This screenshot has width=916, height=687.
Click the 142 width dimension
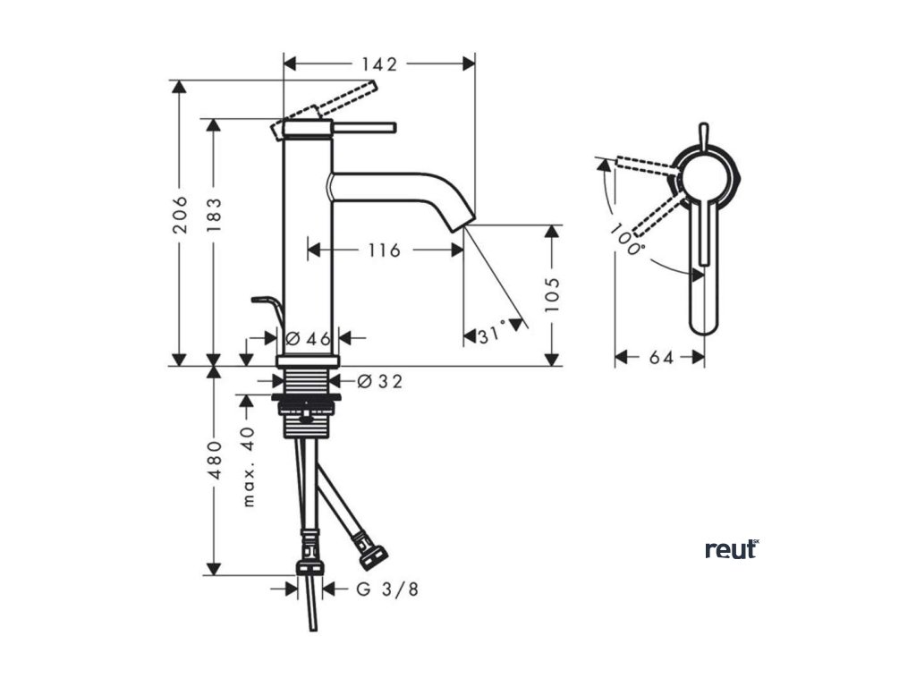click(x=379, y=64)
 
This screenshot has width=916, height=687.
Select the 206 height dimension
click(x=180, y=216)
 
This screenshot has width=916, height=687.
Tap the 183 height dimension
click(x=213, y=216)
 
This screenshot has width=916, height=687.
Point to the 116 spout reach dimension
click(x=384, y=250)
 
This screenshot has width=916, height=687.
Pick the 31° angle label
click(x=491, y=335)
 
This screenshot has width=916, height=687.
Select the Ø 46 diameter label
click(x=309, y=338)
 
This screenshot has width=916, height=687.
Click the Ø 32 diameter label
click(x=379, y=382)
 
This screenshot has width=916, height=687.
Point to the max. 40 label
click(x=248, y=466)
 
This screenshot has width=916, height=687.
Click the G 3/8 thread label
click(x=386, y=589)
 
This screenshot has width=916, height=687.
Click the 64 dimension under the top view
click(x=660, y=357)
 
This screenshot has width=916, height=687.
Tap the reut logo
click(x=731, y=549)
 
